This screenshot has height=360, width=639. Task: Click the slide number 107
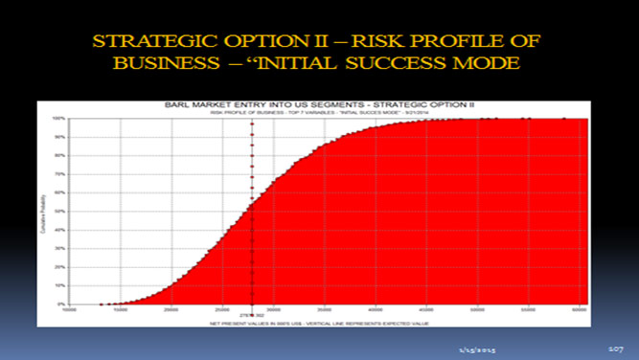(x=615, y=342)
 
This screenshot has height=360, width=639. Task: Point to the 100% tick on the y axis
(x=58, y=119)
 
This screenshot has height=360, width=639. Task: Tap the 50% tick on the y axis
(x=58, y=212)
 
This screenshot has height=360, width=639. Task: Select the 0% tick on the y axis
(x=59, y=304)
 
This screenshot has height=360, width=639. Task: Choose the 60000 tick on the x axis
(x=579, y=309)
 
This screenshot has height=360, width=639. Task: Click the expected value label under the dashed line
(x=251, y=314)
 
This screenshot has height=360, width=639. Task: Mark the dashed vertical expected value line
(x=251, y=211)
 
